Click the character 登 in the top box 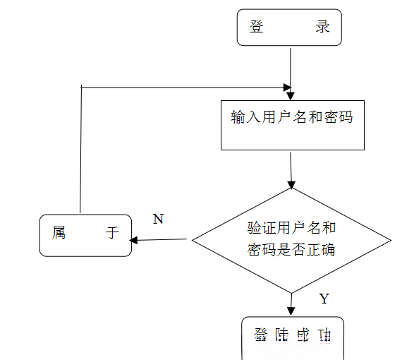point(256,28)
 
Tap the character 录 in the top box point(322,28)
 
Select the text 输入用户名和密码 point(292,117)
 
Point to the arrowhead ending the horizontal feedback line point(288,88)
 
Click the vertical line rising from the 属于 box point(81,148)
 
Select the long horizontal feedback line point(183,88)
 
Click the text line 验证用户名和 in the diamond point(291,228)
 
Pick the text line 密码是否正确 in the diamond point(291,250)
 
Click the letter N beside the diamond point(158,219)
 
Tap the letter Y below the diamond point(324,299)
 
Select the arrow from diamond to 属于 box point(161,240)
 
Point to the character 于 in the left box point(113,233)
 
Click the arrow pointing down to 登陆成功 point(291,304)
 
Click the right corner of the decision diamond point(390,239)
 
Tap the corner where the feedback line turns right point(82,87)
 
